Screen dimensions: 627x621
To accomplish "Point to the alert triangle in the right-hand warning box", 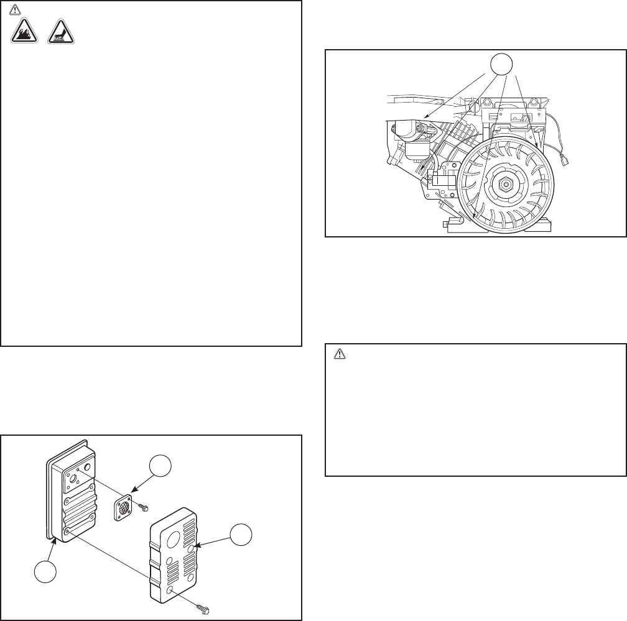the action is point(340,354).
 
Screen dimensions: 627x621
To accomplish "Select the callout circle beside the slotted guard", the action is point(243,538).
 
